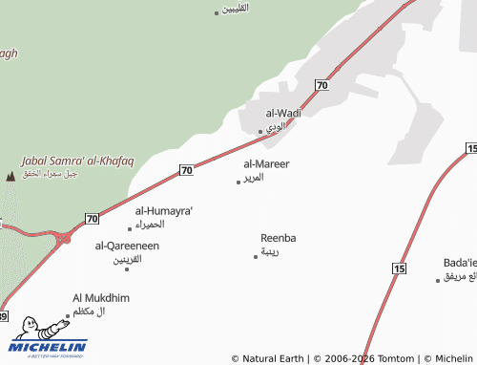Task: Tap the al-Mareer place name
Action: (x=266, y=164)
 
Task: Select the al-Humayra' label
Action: (x=163, y=210)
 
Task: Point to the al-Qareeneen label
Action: (x=127, y=246)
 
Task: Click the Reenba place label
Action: (x=279, y=237)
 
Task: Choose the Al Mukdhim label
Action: (x=101, y=298)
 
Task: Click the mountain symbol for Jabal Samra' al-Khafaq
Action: (x=10, y=175)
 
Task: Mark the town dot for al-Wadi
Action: (x=260, y=131)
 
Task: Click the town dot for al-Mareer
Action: (x=238, y=182)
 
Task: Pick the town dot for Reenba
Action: (x=256, y=256)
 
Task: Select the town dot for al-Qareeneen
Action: (x=127, y=268)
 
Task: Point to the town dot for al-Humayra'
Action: (x=130, y=228)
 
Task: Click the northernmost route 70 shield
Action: (x=322, y=86)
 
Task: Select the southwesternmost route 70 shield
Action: (x=92, y=219)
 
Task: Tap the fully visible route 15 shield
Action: (x=399, y=268)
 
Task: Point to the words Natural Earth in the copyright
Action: (x=275, y=358)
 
